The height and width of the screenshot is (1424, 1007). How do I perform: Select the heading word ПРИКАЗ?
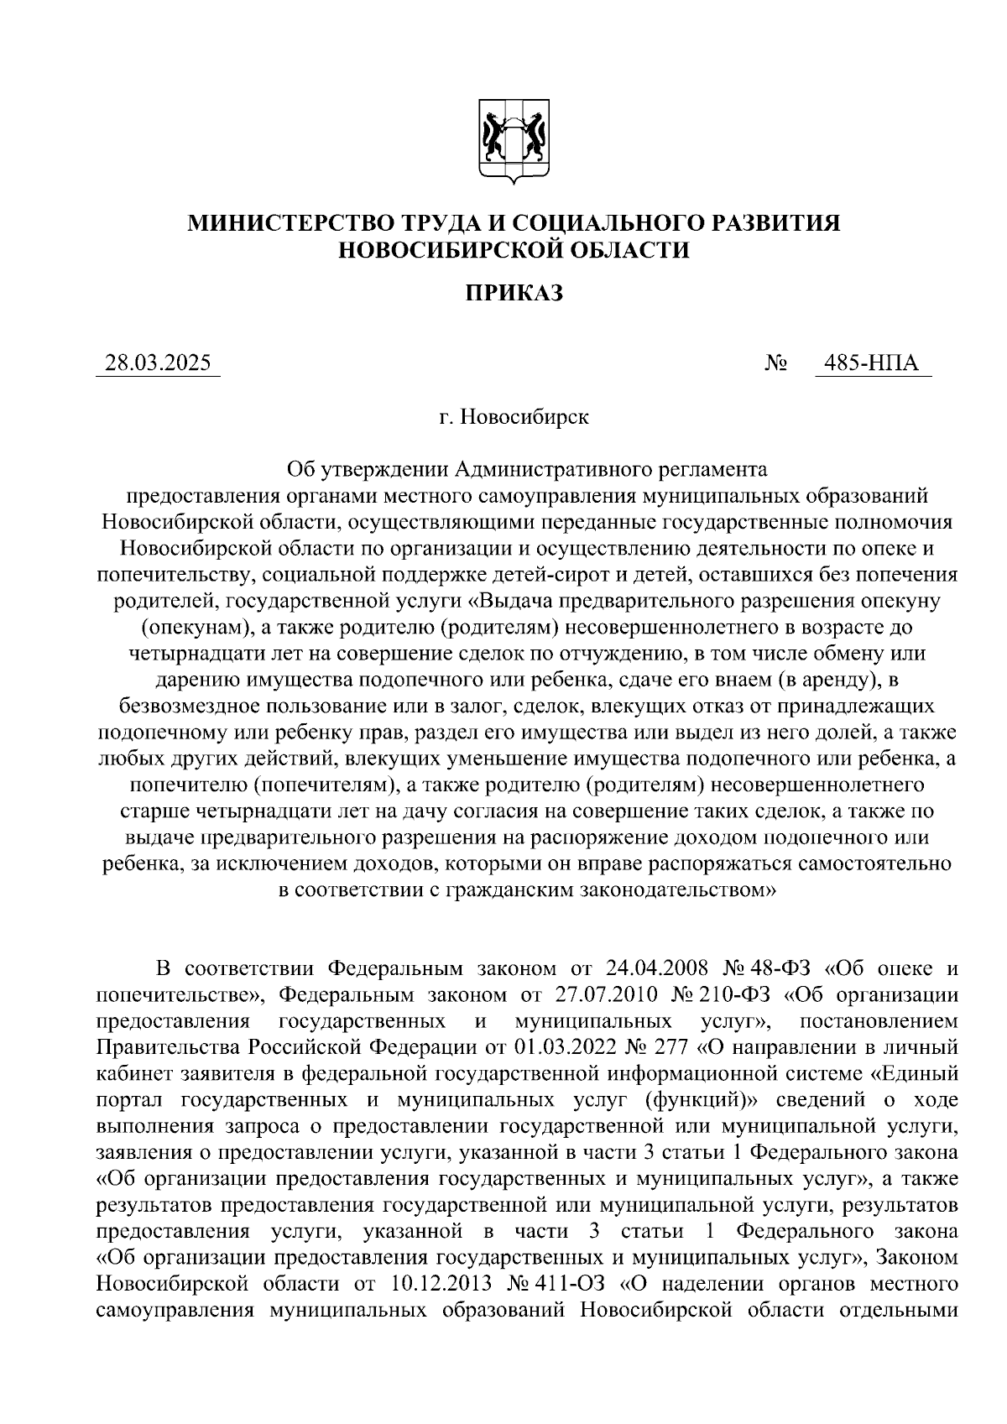(x=513, y=293)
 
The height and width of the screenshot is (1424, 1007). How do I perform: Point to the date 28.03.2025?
(x=158, y=363)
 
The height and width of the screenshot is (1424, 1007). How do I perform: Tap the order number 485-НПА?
(x=872, y=363)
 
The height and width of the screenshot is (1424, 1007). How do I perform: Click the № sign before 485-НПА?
(x=776, y=364)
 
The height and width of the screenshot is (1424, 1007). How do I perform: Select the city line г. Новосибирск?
(x=513, y=416)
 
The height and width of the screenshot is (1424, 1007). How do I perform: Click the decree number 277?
(x=672, y=1047)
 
